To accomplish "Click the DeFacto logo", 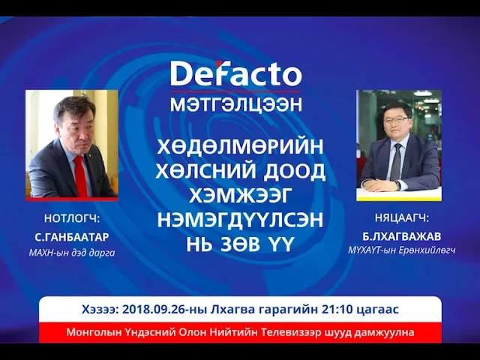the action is tap(236, 73).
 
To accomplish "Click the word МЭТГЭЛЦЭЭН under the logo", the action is tap(236, 104).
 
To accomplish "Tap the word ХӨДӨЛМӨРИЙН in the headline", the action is tap(240, 147).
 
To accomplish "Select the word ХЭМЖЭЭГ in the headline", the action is tap(239, 195).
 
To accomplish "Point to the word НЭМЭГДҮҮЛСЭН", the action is tap(240, 220).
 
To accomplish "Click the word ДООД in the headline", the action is tap(294, 172).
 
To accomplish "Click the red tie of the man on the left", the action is tap(80, 176).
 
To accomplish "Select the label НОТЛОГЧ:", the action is tap(72, 218).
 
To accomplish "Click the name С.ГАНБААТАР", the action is tap(72, 237).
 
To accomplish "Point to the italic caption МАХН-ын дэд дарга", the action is tap(72, 253).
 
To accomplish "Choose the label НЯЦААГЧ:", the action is tap(402, 218).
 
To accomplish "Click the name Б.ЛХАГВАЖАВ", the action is tap(402, 236).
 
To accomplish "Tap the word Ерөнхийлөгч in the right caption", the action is tap(427, 250).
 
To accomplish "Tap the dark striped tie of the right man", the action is tap(396, 162).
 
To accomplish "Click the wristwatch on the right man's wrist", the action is tap(397, 185).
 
